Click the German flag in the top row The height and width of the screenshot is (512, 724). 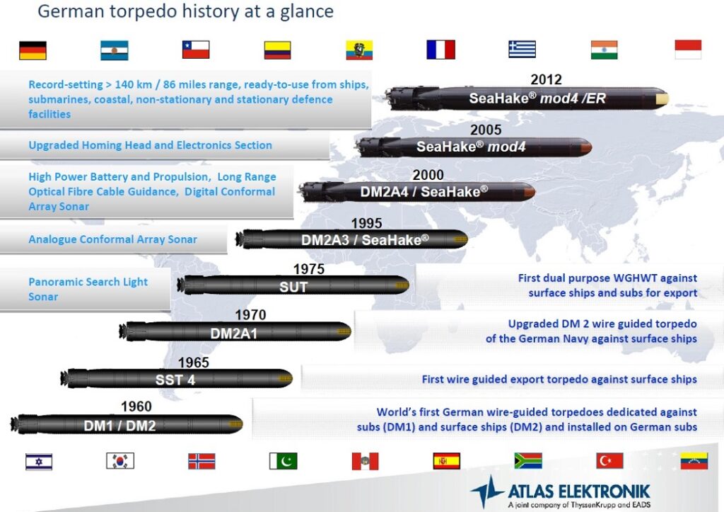[33, 50]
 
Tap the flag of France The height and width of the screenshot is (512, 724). [441, 50]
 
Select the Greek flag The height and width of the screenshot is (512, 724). [522, 49]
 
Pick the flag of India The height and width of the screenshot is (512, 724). [604, 50]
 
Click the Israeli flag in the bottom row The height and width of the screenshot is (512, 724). [39, 462]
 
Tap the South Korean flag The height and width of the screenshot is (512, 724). [120, 461]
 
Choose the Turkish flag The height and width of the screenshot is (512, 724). [609, 461]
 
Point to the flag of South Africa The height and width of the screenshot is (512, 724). [528, 461]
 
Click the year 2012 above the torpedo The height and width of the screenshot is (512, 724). [547, 79]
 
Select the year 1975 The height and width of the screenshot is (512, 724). [309, 268]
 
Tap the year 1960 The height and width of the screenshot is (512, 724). [136, 406]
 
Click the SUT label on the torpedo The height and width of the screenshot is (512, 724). [293, 287]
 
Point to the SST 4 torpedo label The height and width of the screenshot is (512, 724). [175, 380]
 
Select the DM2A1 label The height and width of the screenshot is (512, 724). [233, 333]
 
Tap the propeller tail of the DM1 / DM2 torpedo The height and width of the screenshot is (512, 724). [19, 424]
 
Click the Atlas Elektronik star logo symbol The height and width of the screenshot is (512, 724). [486, 491]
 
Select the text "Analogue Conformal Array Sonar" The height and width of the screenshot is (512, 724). [112, 239]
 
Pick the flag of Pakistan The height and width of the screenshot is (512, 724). [283, 461]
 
